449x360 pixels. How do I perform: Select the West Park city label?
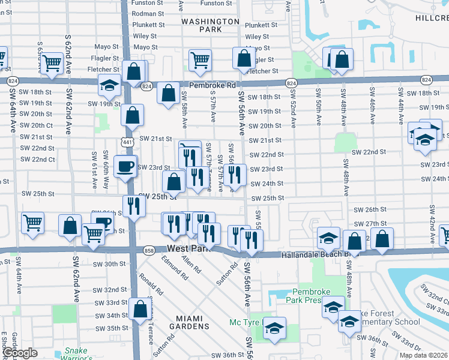click(x=190, y=248)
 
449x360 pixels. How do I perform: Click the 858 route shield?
click(x=149, y=250)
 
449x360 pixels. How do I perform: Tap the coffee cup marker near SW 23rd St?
click(x=125, y=166)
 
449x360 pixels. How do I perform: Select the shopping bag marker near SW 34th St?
click(x=140, y=309)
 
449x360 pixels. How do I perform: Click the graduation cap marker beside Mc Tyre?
click(x=274, y=328)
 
